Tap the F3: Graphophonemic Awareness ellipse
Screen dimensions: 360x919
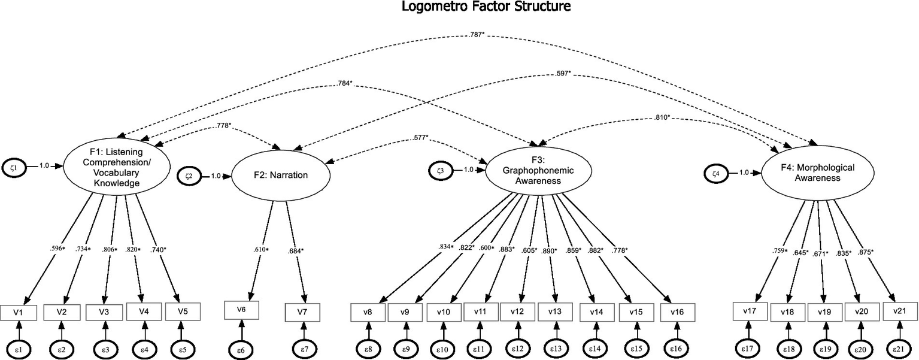pos(538,170)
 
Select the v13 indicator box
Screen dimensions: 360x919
pos(555,312)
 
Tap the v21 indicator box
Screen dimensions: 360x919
pos(899,312)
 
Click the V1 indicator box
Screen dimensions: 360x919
pos(19,312)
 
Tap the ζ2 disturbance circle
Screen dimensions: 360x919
pos(189,176)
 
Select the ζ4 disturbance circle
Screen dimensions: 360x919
pos(715,173)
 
